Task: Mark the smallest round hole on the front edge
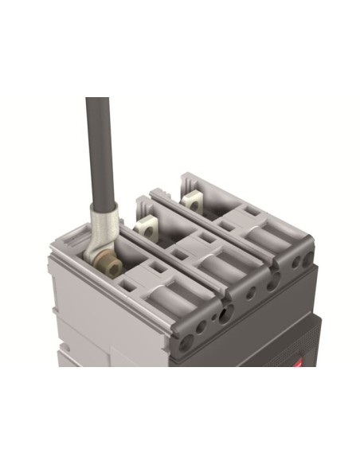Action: tap(251, 293)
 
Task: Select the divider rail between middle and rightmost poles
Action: tap(223, 231)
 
